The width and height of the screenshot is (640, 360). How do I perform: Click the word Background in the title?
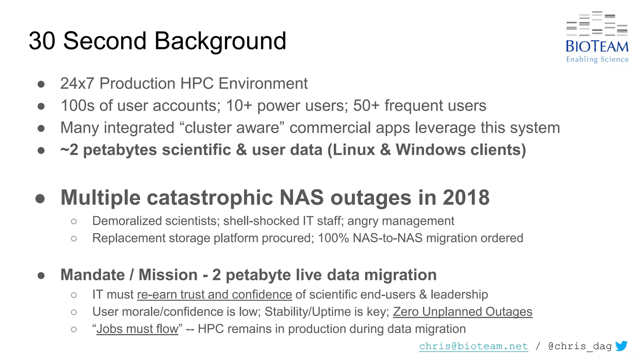click(x=220, y=41)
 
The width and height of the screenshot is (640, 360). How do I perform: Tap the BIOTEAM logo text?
click(x=597, y=47)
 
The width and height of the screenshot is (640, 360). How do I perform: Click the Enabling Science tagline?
click(x=597, y=59)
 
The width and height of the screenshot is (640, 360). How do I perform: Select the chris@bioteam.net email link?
click(x=473, y=346)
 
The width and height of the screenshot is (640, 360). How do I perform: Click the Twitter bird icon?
click(x=621, y=346)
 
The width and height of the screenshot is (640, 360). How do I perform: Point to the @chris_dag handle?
click(x=580, y=346)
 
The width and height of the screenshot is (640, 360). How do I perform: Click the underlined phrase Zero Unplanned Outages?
click(x=462, y=312)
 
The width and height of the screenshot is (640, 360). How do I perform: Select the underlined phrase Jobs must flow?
click(x=137, y=329)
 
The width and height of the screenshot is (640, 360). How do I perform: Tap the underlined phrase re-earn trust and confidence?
click(x=214, y=295)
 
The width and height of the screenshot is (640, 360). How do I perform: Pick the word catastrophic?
click(x=210, y=198)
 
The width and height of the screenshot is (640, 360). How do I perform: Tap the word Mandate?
click(x=92, y=275)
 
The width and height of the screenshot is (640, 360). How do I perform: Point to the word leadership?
click(x=459, y=295)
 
